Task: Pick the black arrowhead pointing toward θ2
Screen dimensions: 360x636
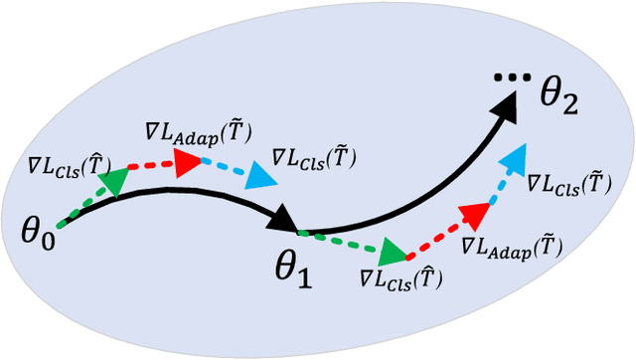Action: (507, 102)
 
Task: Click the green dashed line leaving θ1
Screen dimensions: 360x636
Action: (343, 242)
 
